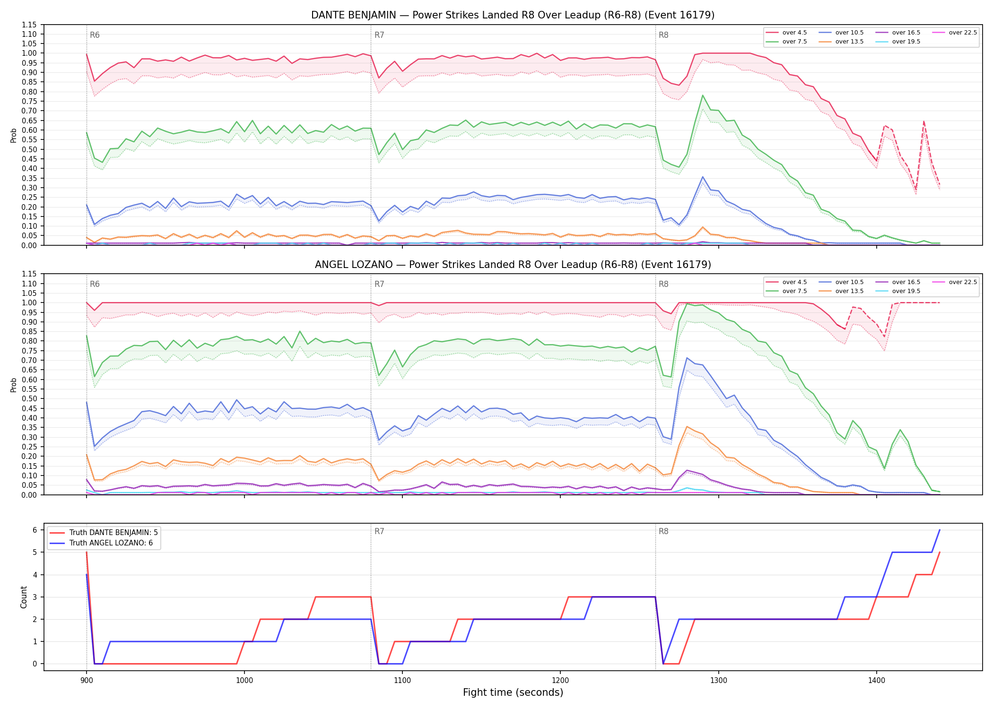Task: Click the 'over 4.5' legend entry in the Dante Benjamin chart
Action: (786, 33)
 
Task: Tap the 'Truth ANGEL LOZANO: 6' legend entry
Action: (103, 543)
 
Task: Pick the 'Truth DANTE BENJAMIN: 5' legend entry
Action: (103, 533)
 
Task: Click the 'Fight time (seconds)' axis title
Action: (513, 693)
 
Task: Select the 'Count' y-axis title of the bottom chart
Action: (24, 597)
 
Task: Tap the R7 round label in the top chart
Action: (379, 35)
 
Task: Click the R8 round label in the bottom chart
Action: (663, 531)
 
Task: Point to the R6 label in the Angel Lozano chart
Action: (95, 284)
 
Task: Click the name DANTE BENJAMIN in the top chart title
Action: (354, 15)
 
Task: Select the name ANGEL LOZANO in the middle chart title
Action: (354, 265)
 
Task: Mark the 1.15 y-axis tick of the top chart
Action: (30, 25)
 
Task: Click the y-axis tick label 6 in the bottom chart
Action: (35, 530)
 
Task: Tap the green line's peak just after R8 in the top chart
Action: (703, 95)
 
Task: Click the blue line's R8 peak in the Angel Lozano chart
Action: (687, 357)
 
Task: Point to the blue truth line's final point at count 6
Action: (940, 530)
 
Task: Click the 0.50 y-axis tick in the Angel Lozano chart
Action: (30, 398)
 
